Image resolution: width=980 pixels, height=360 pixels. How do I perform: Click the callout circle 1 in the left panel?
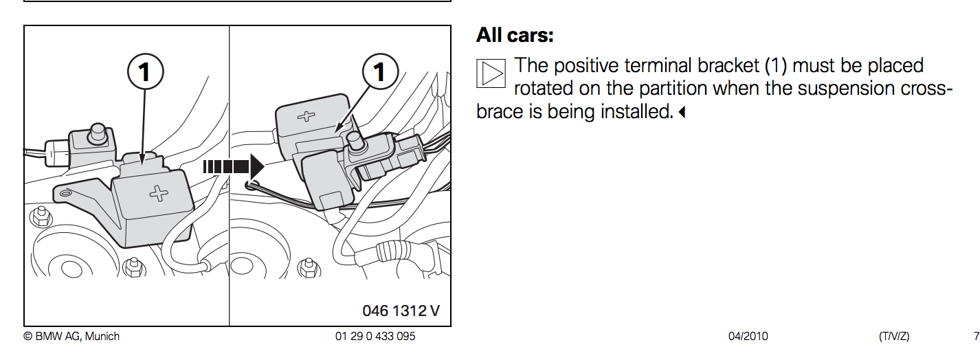tap(146, 71)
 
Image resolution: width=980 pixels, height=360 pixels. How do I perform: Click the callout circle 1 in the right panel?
tap(380, 71)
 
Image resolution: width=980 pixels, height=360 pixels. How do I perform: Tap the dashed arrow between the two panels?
tap(234, 167)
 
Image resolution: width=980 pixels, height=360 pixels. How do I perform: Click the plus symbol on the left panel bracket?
tap(158, 193)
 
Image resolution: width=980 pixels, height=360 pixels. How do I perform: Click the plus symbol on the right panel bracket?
tap(306, 116)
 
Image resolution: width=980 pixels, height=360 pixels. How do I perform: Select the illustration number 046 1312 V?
tap(401, 311)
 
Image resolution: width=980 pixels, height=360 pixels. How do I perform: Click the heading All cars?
tap(515, 35)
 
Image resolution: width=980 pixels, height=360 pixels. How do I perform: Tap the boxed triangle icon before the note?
tap(491, 74)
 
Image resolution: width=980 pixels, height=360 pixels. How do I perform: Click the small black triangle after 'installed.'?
tap(681, 113)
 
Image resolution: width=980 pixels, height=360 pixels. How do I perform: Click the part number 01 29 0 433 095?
tap(375, 337)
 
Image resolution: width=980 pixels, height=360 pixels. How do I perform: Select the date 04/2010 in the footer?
tap(748, 337)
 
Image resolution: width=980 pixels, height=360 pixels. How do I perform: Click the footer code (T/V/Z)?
tap(894, 337)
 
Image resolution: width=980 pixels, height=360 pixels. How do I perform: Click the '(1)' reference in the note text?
tap(776, 66)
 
